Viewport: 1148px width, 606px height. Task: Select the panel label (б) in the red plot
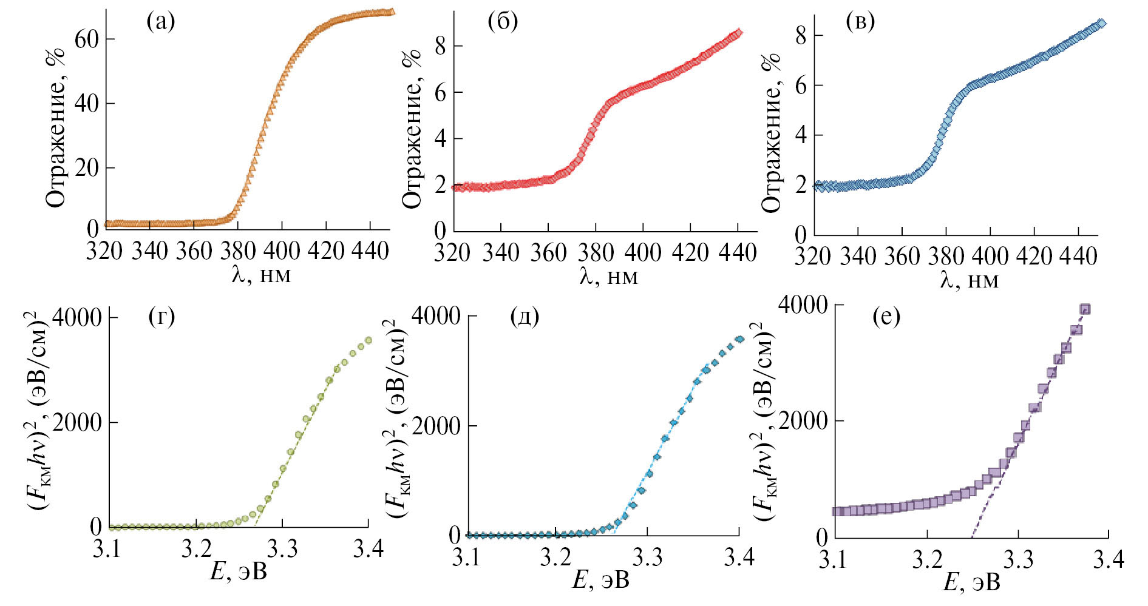click(503, 22)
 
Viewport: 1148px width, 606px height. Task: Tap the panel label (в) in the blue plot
click(860, 22)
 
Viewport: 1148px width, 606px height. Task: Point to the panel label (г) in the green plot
click(161, 316)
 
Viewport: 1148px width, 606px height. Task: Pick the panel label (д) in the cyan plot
click(525, 316)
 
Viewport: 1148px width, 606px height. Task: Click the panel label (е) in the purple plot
click(886, 316)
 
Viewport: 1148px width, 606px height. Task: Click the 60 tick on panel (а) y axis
click(86, 39)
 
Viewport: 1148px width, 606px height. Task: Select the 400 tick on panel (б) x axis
click(643, 252)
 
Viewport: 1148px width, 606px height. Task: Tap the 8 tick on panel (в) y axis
click(801, 36)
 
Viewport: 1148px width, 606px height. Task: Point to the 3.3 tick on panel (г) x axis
click(283, 548)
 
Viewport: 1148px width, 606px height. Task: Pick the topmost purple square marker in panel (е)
click(1085, 309)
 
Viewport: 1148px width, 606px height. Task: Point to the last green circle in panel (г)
click(369, 340)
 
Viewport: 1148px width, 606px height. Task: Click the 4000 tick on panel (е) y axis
click(803, 305)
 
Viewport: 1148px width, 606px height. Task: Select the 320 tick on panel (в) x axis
click(813, 257)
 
